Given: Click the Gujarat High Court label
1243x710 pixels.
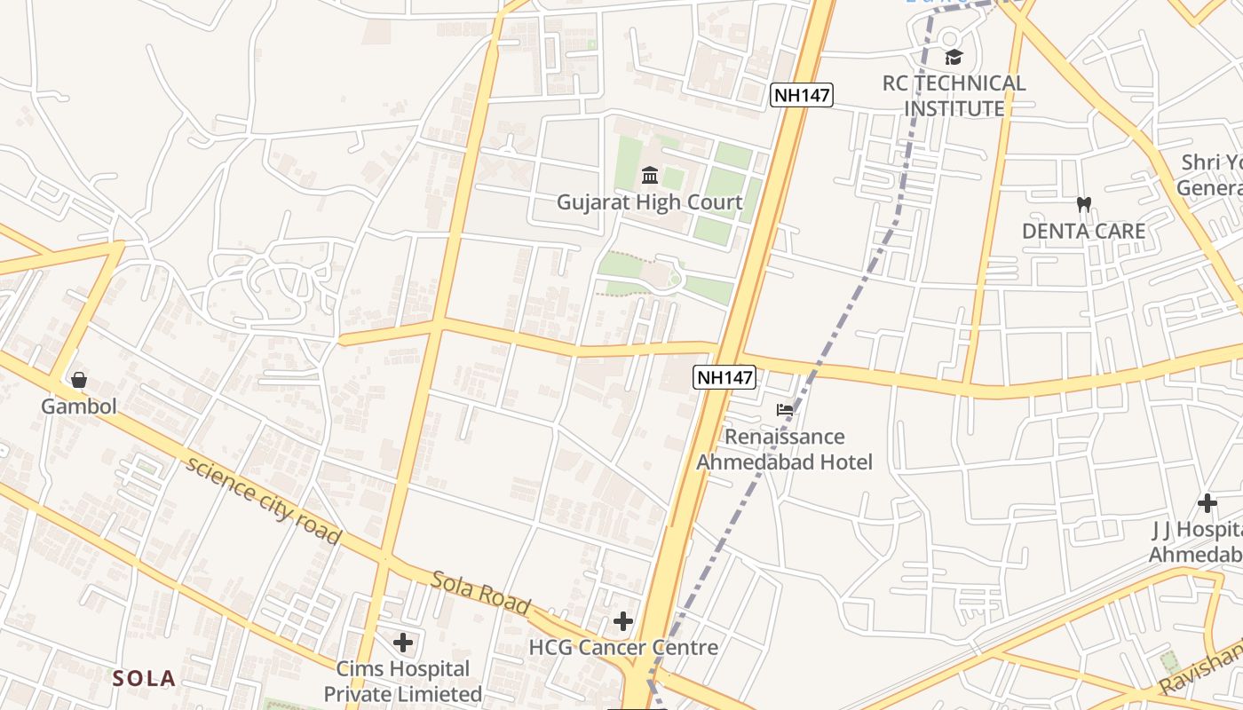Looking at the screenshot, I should (x=649, y=202).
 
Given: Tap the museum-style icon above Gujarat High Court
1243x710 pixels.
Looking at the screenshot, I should (x=649, y=175).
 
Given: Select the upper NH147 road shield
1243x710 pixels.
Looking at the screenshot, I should (x=802, y=95).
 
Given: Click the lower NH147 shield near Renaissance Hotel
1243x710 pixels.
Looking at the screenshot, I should (x=724, y=377).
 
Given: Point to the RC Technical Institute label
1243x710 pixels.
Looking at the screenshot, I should (x=954, y=96).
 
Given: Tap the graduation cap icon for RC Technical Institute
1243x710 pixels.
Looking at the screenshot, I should (x=954, y=58).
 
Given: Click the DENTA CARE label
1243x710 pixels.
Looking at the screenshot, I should (x=1083, y=232).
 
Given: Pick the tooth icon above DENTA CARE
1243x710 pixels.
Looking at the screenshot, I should (x=1083, y=204).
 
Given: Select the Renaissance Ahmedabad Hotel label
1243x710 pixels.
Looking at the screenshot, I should (x=784, y=449).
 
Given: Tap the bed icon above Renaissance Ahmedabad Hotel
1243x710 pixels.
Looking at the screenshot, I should (x=785, y=409).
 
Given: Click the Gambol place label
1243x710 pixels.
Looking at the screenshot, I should (x=79, y=407).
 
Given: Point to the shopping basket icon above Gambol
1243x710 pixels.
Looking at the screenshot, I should (x=79, y=380).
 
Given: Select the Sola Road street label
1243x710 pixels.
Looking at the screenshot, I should (x=480, y=594).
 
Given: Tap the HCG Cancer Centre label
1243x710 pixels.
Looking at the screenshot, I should (x=623, y=648).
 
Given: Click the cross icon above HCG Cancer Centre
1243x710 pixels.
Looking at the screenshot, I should (x=623, y=621).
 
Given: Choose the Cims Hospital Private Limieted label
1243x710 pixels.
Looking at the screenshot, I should (x=402, y=681).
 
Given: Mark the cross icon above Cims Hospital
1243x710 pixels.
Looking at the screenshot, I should (x=403, y=642).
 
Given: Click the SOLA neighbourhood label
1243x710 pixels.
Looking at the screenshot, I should (x=144, y=679).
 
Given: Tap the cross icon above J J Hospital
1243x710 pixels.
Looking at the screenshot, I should (x=1207, y=503).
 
